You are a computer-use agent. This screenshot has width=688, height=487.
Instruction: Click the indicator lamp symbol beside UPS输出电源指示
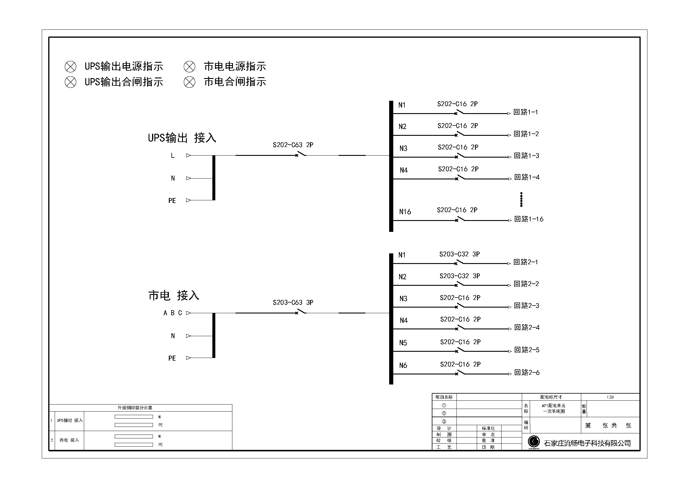point(70,67)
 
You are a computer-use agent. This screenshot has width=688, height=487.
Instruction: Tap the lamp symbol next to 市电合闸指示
point(189,82)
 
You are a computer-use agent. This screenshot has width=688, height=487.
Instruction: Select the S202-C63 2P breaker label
point(293,145)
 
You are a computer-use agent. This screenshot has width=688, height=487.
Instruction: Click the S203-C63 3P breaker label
point(293,303)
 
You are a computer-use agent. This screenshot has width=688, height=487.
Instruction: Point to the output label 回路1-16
point(529,219)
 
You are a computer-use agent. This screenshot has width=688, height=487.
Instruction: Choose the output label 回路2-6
point(527,372)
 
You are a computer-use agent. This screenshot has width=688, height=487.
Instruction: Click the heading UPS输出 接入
point(182,138)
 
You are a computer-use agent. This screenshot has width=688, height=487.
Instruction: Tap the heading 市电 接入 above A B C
point(174,295)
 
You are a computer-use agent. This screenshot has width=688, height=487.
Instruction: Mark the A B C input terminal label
point(173,313)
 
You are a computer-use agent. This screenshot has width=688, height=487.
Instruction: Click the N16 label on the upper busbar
point(405,212)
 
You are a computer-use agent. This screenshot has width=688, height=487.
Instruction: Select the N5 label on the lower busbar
point(403,343)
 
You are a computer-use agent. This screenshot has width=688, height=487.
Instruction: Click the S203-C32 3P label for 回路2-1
point(460,254)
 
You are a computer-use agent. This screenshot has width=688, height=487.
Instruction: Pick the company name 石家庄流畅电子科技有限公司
point(588,443)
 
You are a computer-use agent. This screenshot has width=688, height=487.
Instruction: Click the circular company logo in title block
point(534,441)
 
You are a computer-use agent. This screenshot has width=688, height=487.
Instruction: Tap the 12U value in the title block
point(610,397)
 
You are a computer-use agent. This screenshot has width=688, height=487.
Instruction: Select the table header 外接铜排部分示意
point(135,408)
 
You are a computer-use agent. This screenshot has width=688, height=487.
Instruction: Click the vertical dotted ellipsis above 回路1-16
point(522,199)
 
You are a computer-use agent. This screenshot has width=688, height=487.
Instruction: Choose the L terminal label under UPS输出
point(173,156)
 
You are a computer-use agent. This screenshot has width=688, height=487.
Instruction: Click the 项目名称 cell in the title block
point(444,397)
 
